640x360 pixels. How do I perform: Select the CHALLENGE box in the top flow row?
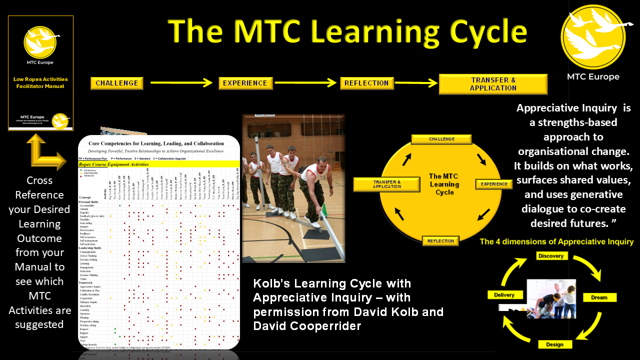[x=117, y=83]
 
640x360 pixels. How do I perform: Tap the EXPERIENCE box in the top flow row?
[x=246, y=83]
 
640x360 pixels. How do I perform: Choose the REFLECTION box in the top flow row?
[x=366, y=83]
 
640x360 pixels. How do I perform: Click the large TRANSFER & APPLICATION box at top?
[x=493, y=84]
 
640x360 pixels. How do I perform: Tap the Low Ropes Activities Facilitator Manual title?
[x=40, y=82]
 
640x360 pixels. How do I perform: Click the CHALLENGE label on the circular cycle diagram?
[x=441, y=139]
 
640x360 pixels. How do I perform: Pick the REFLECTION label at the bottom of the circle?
[x=440, y=241]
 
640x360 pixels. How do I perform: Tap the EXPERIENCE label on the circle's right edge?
[x=494, y=184]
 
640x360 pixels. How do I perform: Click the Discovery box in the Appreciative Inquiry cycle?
[x=550, y=256]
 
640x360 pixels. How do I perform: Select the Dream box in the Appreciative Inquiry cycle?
[x=599, y=297]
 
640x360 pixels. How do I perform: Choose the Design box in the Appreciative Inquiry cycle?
[x=554, y=344]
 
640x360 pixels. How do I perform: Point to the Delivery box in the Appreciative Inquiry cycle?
[x=504, y=295]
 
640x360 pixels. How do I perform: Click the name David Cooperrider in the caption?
[x=307, y=326]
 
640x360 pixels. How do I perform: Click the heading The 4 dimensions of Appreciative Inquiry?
[x=556, y=242]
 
